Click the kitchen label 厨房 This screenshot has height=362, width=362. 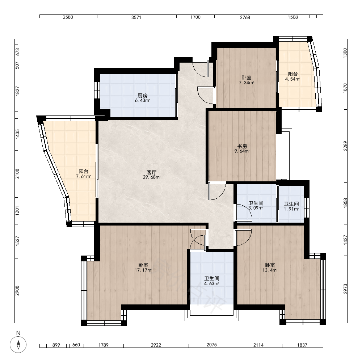142,95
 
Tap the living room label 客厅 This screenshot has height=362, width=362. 152,172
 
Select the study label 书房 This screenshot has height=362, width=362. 242,146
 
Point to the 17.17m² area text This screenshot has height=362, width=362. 143,270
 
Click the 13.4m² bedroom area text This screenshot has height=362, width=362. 270,270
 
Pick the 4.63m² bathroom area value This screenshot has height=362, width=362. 211,283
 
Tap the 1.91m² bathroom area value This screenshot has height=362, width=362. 291,209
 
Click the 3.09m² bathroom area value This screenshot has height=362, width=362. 256,208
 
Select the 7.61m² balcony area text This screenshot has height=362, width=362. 83,177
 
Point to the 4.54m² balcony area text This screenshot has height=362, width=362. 292,79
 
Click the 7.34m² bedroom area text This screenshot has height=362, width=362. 246,83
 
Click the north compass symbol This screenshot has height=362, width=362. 18,345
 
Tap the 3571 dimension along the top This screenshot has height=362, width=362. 136,17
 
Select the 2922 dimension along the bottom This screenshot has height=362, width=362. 156,345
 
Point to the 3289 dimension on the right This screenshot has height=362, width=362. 345,146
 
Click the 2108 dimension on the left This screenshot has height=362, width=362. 17,174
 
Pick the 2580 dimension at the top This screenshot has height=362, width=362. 68,17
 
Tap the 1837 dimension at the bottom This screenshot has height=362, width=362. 302,345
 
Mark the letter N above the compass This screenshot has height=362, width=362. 18,333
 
